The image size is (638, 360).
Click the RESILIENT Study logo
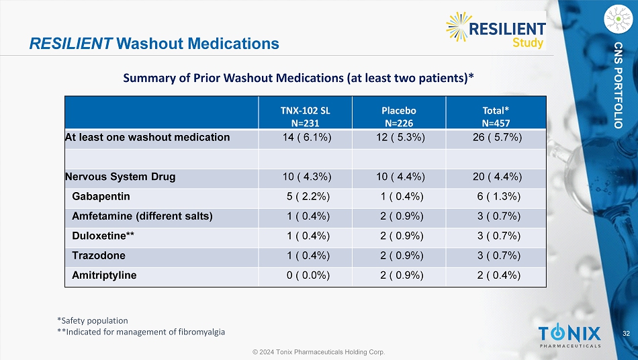(x=496, y=30)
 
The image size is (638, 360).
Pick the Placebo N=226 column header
(x=400, y=116)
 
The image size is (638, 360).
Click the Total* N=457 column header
(x=496, y=116)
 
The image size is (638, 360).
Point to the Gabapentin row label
(x=101, y=196)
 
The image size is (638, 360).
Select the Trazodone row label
(x=98, y=256)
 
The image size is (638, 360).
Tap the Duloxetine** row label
(x=101, y=236)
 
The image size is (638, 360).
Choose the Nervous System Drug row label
(x=120, y=177)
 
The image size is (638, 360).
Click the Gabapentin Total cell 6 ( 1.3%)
(x=496, y=196)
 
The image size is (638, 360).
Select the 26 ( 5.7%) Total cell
(x=496, y=138)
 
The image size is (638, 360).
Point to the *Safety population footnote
(x=93, y=320)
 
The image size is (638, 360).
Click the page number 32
(x=626, y=334)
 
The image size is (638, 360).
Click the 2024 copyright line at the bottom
(x=319, y=351)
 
